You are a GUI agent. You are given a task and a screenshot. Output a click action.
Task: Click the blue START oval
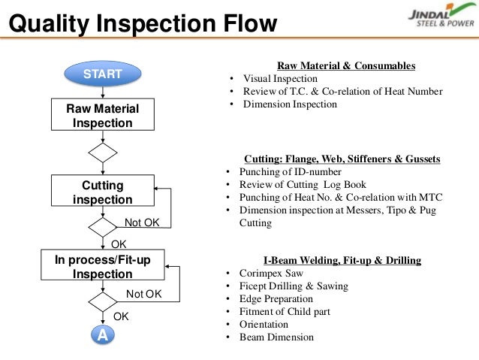102,74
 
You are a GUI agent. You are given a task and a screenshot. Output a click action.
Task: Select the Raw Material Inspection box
102,116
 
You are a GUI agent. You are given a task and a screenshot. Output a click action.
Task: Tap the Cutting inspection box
102,192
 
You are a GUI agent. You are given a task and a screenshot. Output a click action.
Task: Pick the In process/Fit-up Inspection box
102,267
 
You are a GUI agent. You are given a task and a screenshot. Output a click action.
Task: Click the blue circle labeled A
102,336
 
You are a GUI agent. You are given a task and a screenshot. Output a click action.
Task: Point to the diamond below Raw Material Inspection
102,153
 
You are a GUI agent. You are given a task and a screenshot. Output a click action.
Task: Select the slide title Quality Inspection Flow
143,25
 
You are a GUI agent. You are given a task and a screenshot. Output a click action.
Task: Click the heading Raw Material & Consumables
346,66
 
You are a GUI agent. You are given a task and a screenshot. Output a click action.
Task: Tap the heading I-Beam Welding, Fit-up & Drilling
342,260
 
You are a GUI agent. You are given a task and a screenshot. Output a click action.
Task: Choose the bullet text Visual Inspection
280,79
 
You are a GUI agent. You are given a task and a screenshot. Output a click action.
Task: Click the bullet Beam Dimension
276,337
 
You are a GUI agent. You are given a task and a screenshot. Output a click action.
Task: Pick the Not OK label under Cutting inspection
143,223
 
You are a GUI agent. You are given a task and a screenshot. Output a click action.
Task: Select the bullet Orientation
265,324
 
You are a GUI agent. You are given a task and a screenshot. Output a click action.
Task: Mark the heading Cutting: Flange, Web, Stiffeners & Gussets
342,159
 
